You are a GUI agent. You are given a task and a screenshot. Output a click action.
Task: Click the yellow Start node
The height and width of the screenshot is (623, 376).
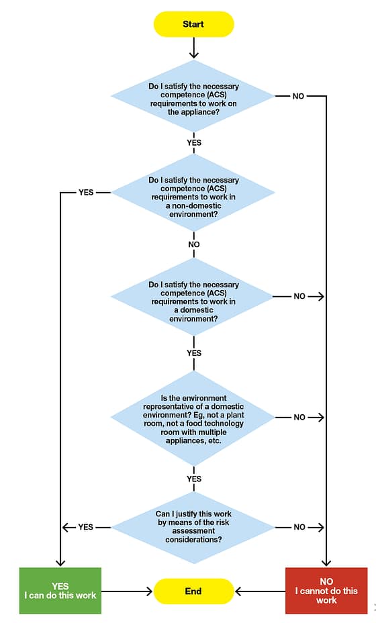[x=193, y=24]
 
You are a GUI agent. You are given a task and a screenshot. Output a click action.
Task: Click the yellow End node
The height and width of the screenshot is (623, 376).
[x=193, y=591]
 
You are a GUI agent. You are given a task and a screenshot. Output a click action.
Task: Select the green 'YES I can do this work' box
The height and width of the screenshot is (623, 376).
[x=60, y=591]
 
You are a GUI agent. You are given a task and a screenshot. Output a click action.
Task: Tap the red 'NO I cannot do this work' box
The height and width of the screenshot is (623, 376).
[x=326, y=591]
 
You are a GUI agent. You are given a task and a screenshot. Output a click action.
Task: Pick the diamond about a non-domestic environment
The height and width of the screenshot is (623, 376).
[x=193, y=193]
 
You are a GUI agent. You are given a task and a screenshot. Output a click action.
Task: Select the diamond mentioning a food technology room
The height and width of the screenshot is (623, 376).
[x=193, y=418]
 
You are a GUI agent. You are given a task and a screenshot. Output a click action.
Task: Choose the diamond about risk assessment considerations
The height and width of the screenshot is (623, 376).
[x=193, y=527]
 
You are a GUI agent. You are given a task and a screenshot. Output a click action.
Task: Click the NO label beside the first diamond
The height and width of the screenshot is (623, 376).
[x=298, y=96]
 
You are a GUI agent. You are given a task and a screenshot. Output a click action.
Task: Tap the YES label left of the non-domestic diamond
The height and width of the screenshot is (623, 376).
[x=86, y=193]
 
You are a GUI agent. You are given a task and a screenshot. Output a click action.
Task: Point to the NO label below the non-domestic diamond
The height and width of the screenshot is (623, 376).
[x=193, y=244]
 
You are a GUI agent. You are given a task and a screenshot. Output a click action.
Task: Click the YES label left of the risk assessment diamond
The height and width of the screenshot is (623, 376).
[x=86, y=527]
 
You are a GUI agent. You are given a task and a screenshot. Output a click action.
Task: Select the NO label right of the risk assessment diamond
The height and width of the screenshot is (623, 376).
[x=299, y=527]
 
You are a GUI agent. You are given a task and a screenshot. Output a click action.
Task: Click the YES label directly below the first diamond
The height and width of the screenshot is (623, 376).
[x=193, y=142]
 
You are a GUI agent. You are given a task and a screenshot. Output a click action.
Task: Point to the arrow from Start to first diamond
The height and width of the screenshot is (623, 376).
[x=193, y=47]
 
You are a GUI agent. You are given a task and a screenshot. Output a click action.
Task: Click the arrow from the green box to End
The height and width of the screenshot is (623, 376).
[x=128, y=591]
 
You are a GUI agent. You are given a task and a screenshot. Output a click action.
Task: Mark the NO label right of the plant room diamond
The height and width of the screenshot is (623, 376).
[x=299, y=418]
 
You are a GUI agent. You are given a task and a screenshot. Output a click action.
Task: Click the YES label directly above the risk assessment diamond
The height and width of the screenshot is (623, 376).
[x=193, y=479]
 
